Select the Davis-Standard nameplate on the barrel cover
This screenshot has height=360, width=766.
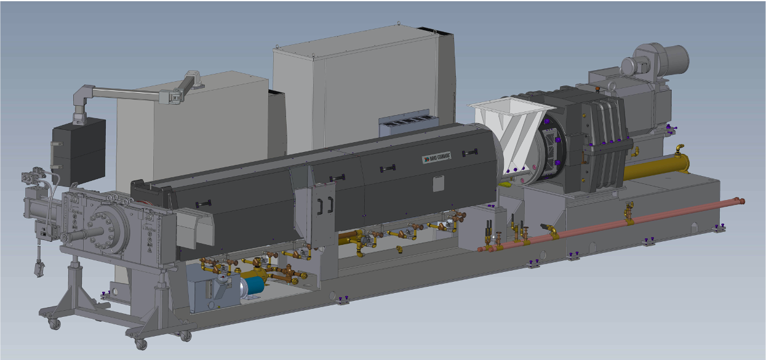pos(436,158)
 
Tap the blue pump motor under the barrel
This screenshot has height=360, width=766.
pos(253,286)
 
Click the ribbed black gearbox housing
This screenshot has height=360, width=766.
pos(600,145)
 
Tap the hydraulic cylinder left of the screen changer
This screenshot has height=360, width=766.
pos(43,209)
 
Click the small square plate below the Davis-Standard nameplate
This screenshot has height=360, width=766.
pos(437,183)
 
